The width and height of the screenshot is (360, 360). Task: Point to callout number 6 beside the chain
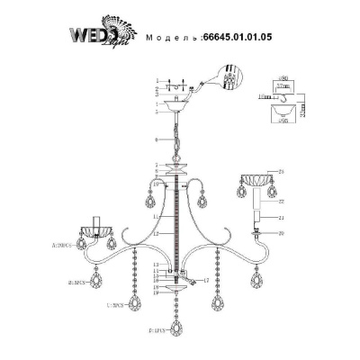point(157,140)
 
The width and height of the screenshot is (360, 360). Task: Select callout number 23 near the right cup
point(282,171)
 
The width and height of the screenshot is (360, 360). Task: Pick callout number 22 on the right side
point(282,202)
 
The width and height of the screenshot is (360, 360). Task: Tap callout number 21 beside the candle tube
point(282,219)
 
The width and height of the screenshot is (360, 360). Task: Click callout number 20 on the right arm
point(282,233)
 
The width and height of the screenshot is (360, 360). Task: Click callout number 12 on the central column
point(157,234)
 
